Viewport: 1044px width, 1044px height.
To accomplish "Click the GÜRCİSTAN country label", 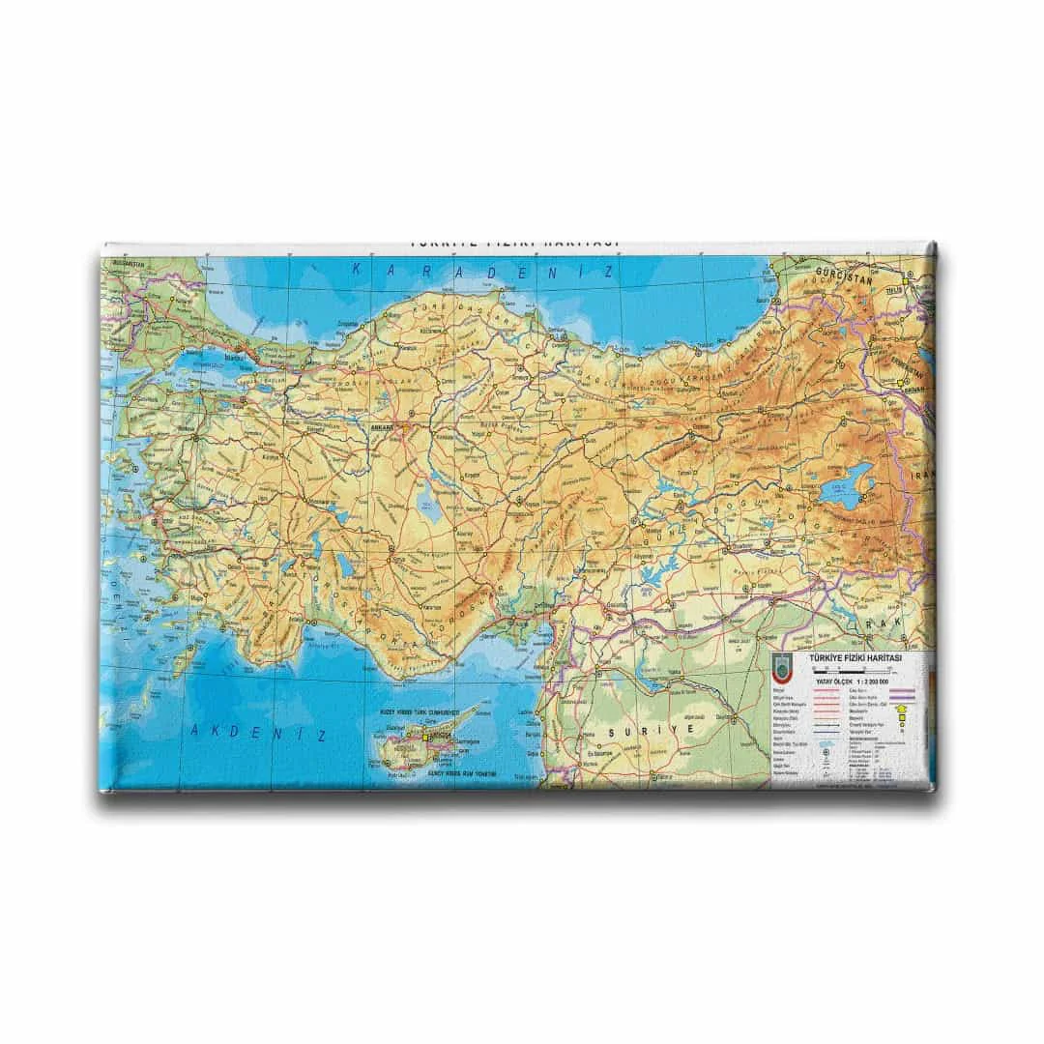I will pyautogui.click(x=838, y=272).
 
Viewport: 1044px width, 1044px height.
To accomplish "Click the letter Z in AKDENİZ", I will pyautogui.click(x=322, y=735).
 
